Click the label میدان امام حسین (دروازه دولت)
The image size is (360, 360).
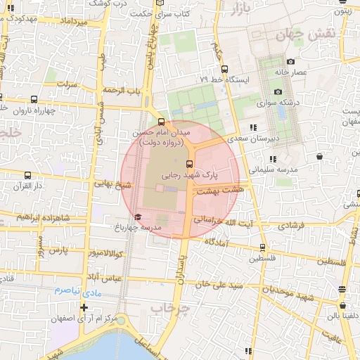pos(161,137)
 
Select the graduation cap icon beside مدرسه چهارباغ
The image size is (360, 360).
pos(138,217)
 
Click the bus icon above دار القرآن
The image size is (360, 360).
pos(27,176)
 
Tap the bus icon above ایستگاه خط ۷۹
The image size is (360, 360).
pos(224,69)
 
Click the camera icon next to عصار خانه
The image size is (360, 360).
pos(290,61)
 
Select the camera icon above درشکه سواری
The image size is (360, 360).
pos(278,92)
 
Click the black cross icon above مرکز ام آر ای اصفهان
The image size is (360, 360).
pos(84,307)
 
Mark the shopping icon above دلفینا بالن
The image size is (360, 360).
pos(342,306)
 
